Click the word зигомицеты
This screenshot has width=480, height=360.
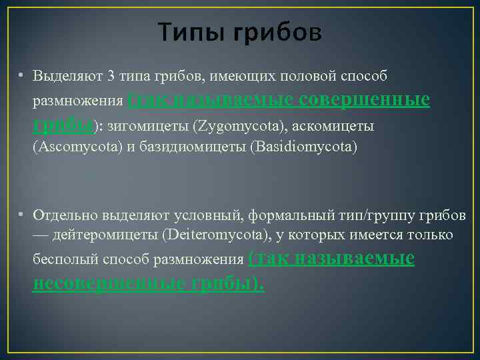click(x=157, y=125)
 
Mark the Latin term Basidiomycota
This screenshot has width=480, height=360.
click(x=303, y=147)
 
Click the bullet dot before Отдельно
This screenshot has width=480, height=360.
click(x=22, y=214)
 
